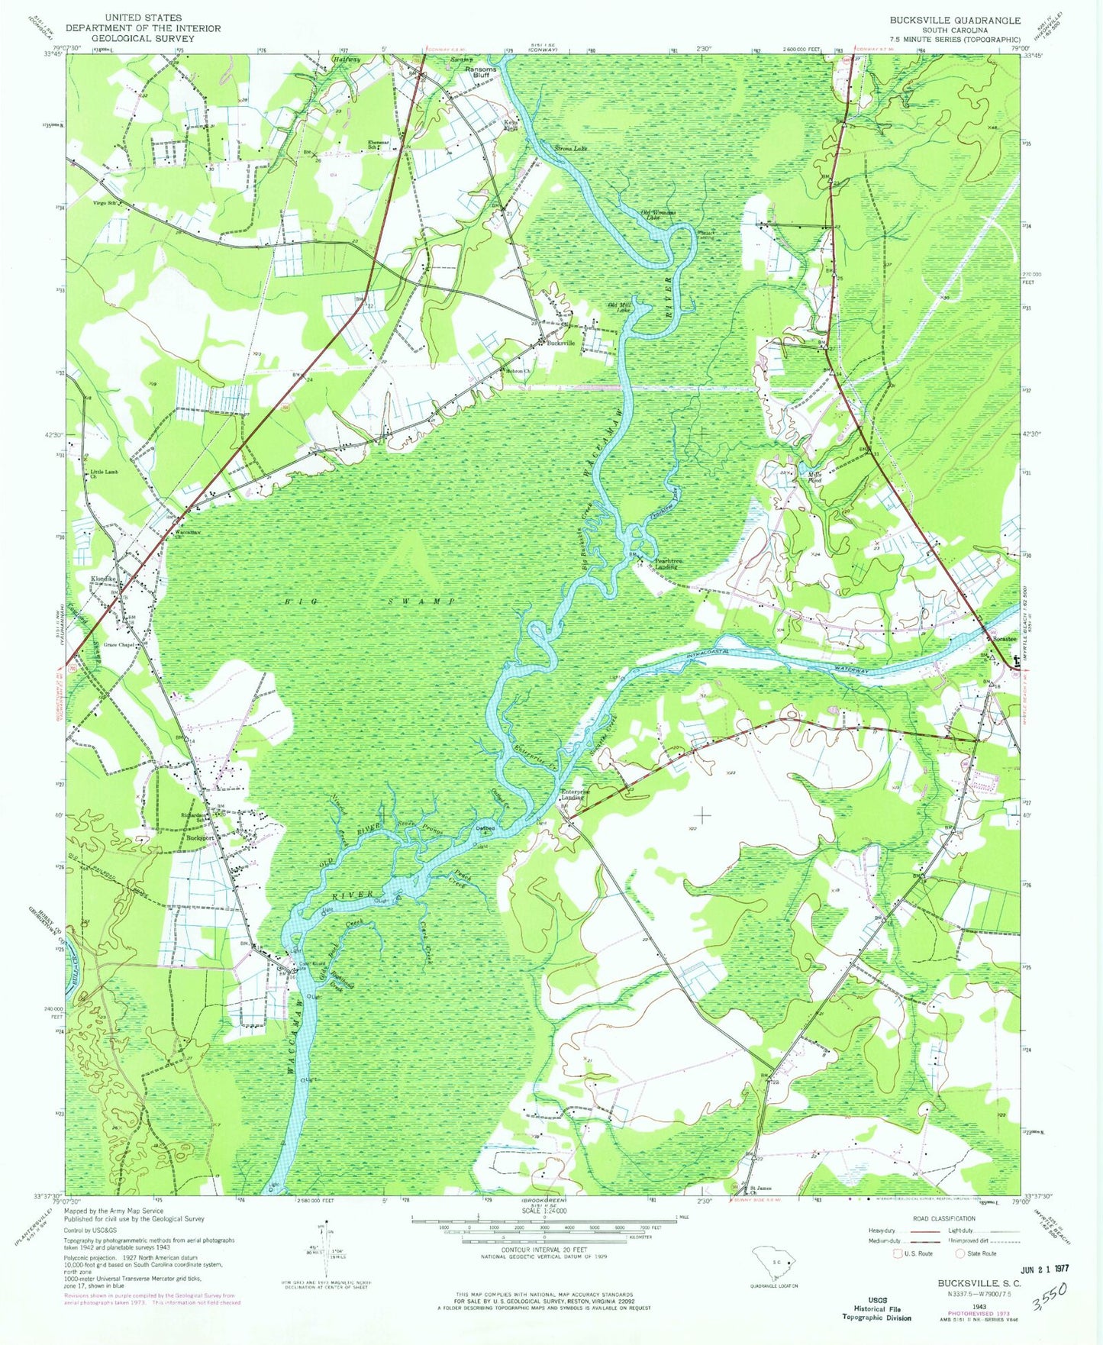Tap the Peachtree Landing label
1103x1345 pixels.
tap(667, 564)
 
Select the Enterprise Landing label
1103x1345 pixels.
tap(576, 795)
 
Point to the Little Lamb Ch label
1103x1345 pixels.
tap(105, 474)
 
